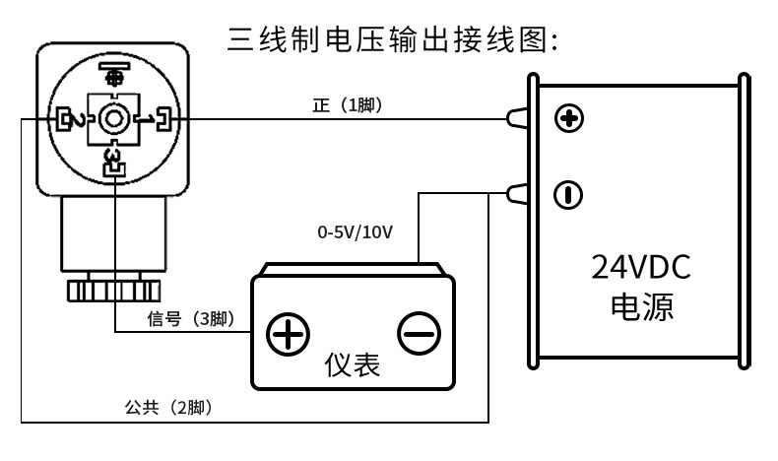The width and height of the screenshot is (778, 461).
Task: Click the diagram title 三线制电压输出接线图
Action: pyautogui.click(x=393, y=39)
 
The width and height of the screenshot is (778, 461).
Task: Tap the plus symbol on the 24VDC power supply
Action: pyautogui.click(x=568, y=118)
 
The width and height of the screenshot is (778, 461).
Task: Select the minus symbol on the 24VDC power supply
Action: pyautogui.click(x=568, y=194)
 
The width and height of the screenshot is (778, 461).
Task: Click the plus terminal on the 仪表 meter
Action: pyautogui.click(x=288, y=334)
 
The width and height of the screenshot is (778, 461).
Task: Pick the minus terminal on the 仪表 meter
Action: pyautogui.click(x=420, y=333)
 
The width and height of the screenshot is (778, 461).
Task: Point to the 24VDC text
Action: pyautogui.click(x=641, y=267)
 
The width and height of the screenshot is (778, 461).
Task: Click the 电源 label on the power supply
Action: pyautogui.click(x=642, y=306)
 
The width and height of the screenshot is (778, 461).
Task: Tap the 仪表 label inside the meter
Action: pyautogui.click(x=353, y=364)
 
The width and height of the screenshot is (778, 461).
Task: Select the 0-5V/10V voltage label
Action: pyautogui.click(x=356, y=231)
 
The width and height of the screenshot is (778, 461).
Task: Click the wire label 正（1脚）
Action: pyautogui.click(x=348, y=105)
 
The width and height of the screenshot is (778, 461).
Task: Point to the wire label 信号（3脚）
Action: pyautogui.click(x=191, y=318)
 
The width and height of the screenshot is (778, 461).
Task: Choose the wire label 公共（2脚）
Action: pyautogui.click(x=168, y=408)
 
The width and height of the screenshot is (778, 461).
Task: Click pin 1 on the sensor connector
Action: pyautogui.click(x=157, y=119)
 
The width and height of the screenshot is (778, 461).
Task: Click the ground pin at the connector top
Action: pyautogui.click(x=114, y=73)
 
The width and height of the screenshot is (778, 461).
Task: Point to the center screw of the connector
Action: pyautogui.click(x=113, y=119)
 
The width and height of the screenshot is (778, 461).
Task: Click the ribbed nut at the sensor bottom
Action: pyautogui.click(x=113, y=291)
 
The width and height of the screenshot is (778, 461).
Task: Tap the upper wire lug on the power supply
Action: pyautogui.click(x=516, y=118)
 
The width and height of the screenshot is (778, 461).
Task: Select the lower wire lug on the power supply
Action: pyautogui.click(x=516, y=193)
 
